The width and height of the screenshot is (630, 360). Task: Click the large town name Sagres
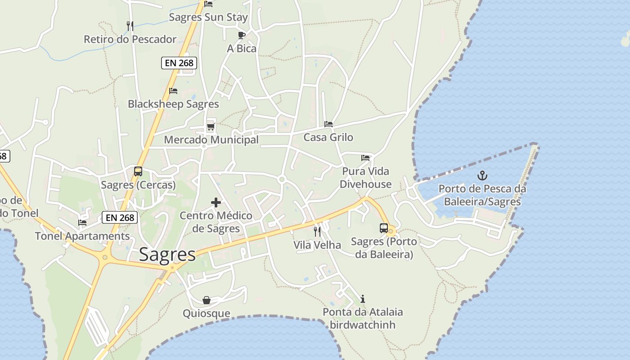167,255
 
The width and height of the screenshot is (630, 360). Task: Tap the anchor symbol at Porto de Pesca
482,175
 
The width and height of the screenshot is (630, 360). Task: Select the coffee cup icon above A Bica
242,35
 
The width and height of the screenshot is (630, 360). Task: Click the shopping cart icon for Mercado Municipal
211,127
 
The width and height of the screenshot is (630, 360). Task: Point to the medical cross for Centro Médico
216,203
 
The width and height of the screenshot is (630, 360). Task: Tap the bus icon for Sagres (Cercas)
138,171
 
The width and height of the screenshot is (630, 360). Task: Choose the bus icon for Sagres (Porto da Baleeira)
383,228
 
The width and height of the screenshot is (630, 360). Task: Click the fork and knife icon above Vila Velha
317,232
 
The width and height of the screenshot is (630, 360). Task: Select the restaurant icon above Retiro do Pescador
130,26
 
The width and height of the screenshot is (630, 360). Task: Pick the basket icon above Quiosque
207,300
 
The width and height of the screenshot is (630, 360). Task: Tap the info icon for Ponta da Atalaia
363,299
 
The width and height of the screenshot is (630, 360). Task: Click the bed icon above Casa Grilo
328,124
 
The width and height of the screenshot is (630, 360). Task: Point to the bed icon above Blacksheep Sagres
173,91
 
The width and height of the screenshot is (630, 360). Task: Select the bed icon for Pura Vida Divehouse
365,158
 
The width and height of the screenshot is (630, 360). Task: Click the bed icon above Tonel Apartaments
82,223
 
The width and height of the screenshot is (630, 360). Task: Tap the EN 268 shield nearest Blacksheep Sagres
179,63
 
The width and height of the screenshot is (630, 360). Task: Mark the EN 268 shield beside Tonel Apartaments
120,218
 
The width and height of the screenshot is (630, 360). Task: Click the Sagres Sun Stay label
208,18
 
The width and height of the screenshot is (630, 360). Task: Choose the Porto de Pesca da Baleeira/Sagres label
482,195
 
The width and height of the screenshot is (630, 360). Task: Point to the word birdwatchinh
363,325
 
